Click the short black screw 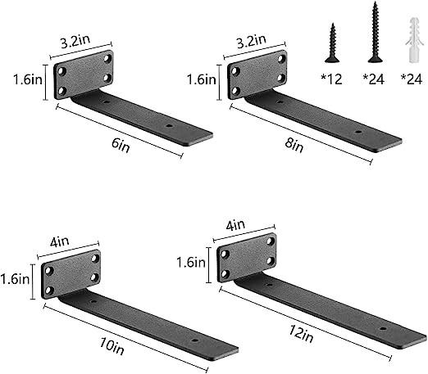click(333, 40)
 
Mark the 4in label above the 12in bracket click(236, 223)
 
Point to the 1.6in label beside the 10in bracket click(15, 278)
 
